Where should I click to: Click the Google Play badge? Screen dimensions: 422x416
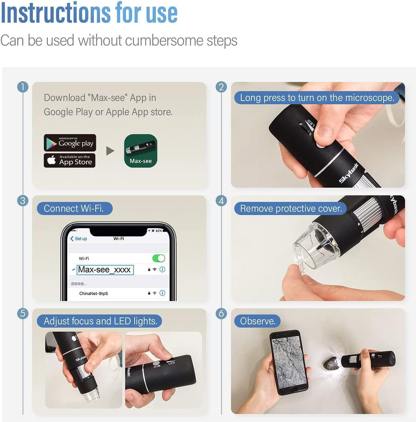coord(70,143)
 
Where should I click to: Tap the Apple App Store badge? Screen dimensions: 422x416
coord(69,160)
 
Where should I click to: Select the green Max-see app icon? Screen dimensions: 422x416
coord(140,151)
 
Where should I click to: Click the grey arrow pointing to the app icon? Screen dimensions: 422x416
coord(110,151)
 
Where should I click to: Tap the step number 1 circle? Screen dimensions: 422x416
coord(23,87)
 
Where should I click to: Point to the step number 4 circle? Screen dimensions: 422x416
coord(221,201)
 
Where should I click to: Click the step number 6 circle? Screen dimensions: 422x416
coord(221,313)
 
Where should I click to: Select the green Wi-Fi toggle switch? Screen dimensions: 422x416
coord(159,258)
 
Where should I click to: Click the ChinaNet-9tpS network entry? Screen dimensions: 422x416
coord(94,293)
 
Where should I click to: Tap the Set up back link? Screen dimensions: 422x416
coord(79,239)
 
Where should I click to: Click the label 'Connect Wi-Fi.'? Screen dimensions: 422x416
coord(74,208)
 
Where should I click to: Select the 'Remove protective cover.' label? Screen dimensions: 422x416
coord(291,208)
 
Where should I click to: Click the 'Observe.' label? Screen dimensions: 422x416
coord(258,321)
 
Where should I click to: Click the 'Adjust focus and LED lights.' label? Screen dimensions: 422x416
coord(100,321)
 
